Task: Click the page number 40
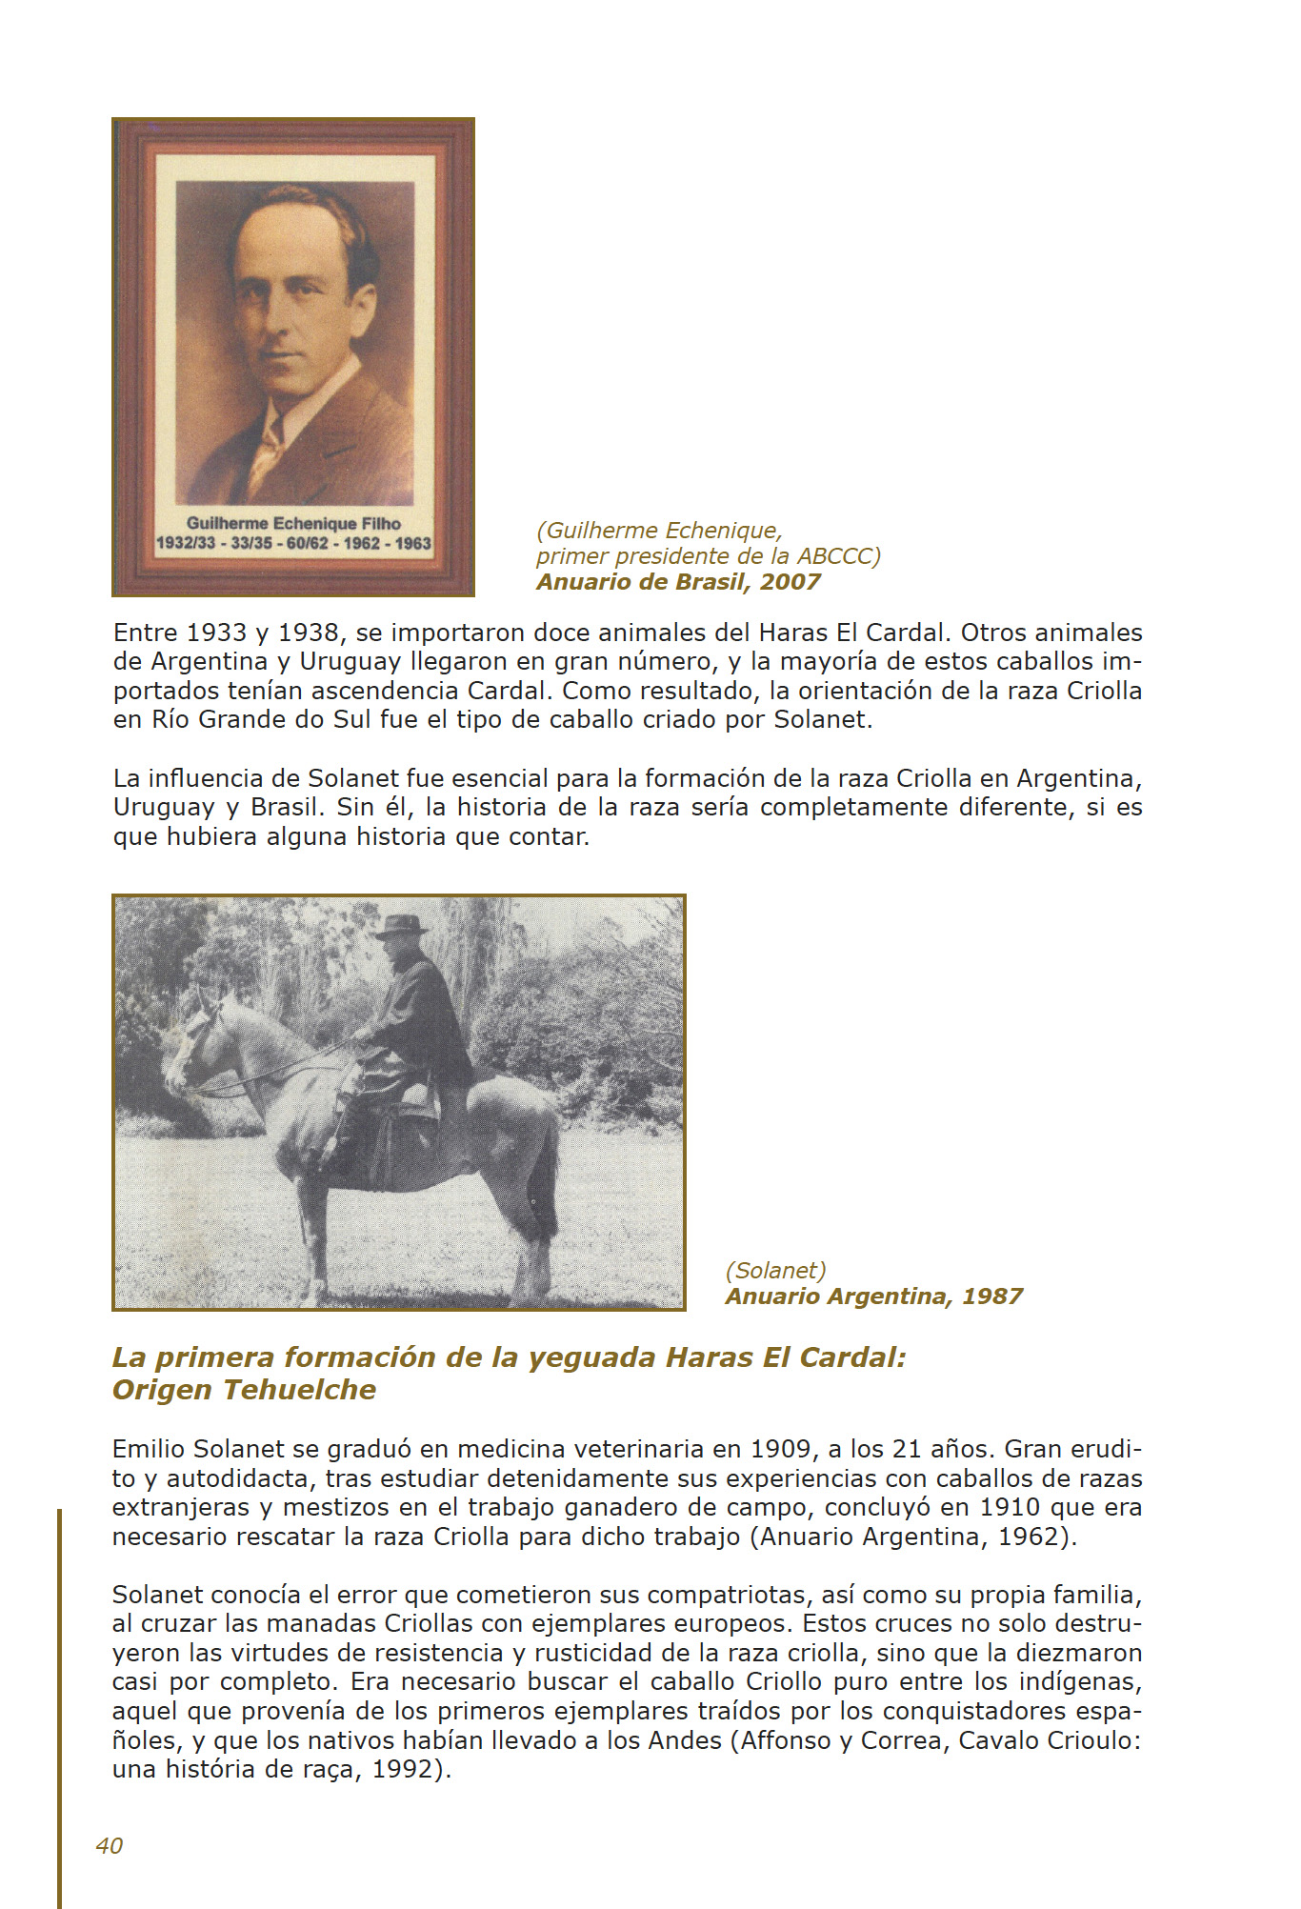coord(110,1845)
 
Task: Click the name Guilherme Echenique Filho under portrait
coord(293,523)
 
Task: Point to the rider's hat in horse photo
coord(403,925)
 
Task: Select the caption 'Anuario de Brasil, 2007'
coord(678,582)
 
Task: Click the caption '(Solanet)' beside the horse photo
coord(775,1270)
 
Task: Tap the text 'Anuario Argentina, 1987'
coord(873,1296)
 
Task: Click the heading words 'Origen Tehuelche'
coord(244,1390)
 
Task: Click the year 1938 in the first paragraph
coord(309,633)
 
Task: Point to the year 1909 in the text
coord(780,1449)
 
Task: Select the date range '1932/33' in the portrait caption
coord(186,544)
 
